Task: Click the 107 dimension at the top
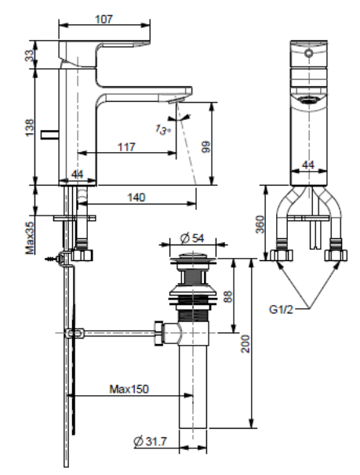(x=104, y=19)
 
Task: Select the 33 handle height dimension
(x=30, y=56)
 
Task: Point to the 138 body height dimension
(x=30, y=128)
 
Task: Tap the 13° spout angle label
(x=162, y=129)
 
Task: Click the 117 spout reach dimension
(x=126, y=147)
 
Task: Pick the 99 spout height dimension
(x=205, y=147)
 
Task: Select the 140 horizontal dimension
(x=136, y=198)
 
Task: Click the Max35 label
(x=30, y=238)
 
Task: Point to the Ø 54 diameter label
(x=192, y=238)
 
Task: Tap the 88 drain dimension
(x=228, y=296)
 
